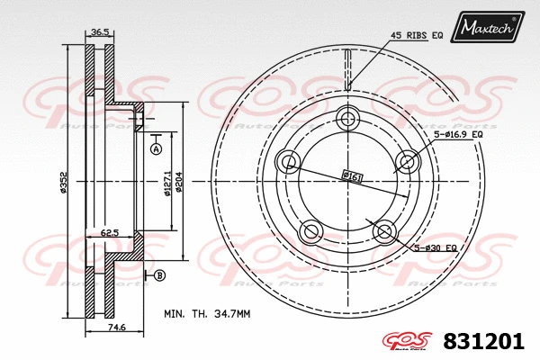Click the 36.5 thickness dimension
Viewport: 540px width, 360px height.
click(x=100, y=32)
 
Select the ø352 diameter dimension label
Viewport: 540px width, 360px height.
click(x=65, y=180)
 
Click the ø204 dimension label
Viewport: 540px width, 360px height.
click(x=178, y=180)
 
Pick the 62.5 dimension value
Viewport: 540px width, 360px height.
click(x=111, y=232)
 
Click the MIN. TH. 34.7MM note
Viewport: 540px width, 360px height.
click(x=207, y=313)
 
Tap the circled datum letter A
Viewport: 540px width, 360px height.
click(x=156, y=148)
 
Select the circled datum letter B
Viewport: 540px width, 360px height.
click(x=160, y=274)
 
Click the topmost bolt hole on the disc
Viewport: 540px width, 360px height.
click(x=348, y=119)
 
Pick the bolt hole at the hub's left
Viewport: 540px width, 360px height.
click(x=289, y=162)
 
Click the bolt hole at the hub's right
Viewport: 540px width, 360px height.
click(x=408, y=162)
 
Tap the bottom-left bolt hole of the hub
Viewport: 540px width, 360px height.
click(x=311, y=231)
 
